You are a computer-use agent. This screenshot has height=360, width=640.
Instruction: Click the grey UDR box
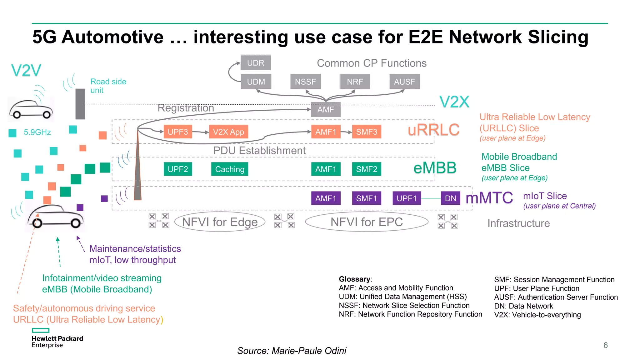coord(256,63)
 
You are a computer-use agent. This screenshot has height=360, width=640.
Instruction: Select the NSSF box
coord(305,82)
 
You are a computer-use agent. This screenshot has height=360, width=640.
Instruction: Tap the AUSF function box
coord(404,82)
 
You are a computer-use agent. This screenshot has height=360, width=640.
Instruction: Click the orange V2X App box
coord(228,132)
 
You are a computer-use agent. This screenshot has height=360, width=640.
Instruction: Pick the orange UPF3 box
coord(178,132)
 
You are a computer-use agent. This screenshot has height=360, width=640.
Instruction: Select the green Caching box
coord(230,169)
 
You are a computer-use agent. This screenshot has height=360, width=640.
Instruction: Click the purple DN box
coord(450,198)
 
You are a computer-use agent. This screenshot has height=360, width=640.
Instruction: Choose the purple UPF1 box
coord(407,198)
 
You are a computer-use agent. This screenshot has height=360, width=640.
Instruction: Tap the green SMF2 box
coord(367,169)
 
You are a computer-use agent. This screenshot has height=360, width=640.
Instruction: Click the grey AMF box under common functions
coord(326,109)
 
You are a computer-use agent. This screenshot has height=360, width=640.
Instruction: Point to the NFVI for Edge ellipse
coord(220,222)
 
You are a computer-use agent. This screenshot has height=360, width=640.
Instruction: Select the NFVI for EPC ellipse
coord(367,222)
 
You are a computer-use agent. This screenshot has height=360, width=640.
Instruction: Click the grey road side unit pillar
coord(80,104)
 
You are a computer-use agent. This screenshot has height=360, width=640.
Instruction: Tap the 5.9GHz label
coord(37,132)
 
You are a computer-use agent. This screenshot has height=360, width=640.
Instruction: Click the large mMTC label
coord(489,198)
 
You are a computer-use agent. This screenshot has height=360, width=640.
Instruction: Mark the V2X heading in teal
coord(454,102)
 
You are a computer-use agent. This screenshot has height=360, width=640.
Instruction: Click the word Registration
coord(186,108)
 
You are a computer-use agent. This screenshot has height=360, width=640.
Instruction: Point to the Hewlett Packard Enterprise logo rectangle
coord(41,330)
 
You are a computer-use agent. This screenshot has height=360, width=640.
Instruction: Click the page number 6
coord(605,345)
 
